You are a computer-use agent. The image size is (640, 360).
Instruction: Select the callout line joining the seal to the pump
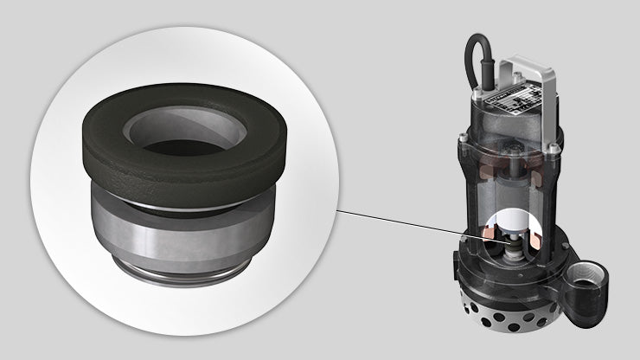(398, 221)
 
